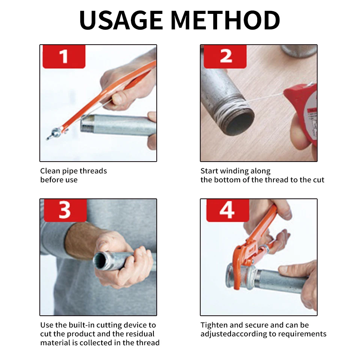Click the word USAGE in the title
(121, 20)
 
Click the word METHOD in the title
(225, 20)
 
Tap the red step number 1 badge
(64, 57)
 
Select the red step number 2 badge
(225, 57)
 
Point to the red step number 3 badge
(65, 210)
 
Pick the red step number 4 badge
(228, 210)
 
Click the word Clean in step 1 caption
(50, 171)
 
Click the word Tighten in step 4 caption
(214, 325)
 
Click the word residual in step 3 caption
(140, 334)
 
